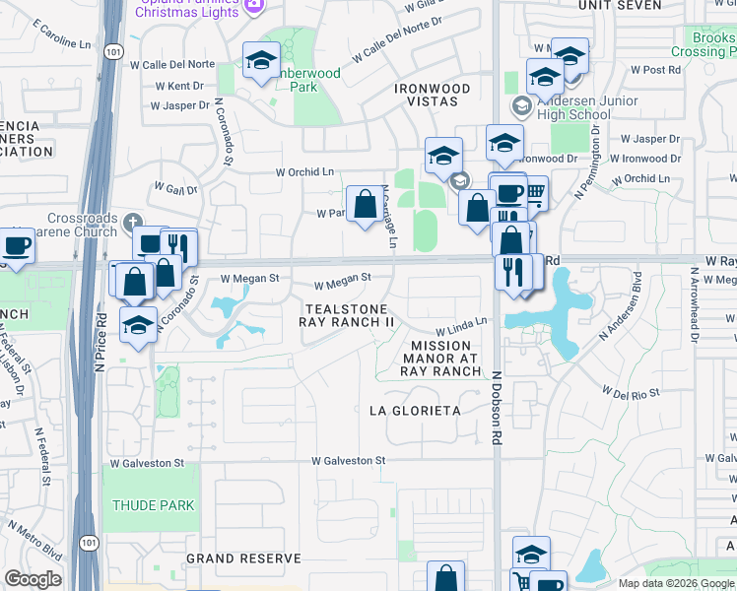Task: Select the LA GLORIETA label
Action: (415, 410)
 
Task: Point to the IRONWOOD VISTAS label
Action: (433, 89)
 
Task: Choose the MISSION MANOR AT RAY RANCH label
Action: (445, 359)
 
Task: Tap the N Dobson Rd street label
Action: (497, 404)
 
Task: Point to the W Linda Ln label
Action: (463, 324)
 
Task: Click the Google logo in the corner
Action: (33, 579)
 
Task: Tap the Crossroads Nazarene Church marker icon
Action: (133, 219)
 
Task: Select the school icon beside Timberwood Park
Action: (262, 61)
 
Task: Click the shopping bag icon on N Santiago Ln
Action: (365, 204)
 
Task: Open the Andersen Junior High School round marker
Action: (520, 104)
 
